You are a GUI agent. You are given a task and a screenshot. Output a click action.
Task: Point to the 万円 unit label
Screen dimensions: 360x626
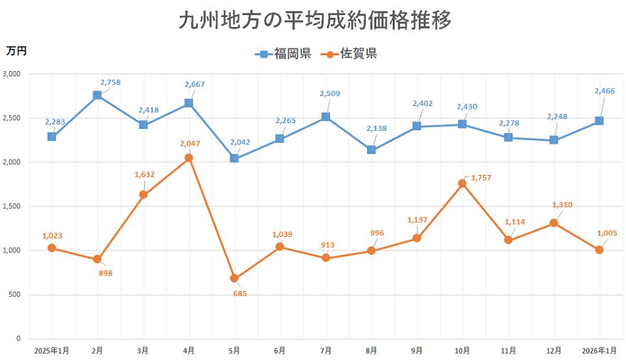click(16, 51)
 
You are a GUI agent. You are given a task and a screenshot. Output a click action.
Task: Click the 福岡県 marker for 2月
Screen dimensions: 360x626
click(97, 95)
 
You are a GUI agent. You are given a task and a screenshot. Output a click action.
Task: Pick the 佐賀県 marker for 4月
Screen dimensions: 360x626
click(189, 158)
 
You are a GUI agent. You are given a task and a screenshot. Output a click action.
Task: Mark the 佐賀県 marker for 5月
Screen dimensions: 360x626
click(234, 278)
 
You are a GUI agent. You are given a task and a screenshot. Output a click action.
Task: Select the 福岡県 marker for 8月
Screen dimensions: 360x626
click(371, 150)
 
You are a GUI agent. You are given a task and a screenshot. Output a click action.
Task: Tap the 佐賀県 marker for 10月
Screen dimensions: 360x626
click(462, 184)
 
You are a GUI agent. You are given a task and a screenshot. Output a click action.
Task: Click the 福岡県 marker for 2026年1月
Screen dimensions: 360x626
click(599, 121)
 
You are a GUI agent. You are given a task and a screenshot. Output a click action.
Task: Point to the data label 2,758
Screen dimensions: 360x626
click(110, 83)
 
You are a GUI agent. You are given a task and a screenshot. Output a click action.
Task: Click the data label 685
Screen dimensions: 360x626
click(240, 293)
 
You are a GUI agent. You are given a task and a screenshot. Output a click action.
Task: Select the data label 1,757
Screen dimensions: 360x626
click(481, 178)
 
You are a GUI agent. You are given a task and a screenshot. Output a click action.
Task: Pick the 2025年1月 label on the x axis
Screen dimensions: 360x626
click(51, 351)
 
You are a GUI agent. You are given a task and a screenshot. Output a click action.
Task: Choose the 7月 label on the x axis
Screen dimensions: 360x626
click(325, 351)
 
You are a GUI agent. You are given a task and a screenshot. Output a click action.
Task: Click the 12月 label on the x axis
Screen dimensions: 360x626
click(553, 351)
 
